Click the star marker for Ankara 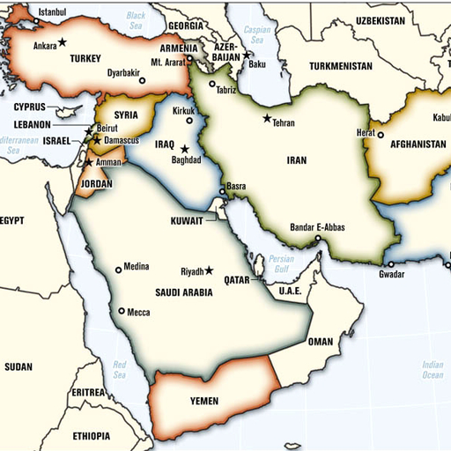pos(63,43)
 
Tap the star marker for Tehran pos(267,118)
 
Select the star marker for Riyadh pos(210,270)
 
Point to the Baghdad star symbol pos(185,149)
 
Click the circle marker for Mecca pos(122,310)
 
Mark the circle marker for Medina pos(118,270)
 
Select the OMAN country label pos(321,342)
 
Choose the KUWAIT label pos(187,220)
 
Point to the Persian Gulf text pos(282,263)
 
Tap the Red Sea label pos(120,369)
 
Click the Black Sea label pos(136,20)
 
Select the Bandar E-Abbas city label pos(317,227)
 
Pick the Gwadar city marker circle pos(389,263)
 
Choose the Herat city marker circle pos(381,136)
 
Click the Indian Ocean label pos(432,370)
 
